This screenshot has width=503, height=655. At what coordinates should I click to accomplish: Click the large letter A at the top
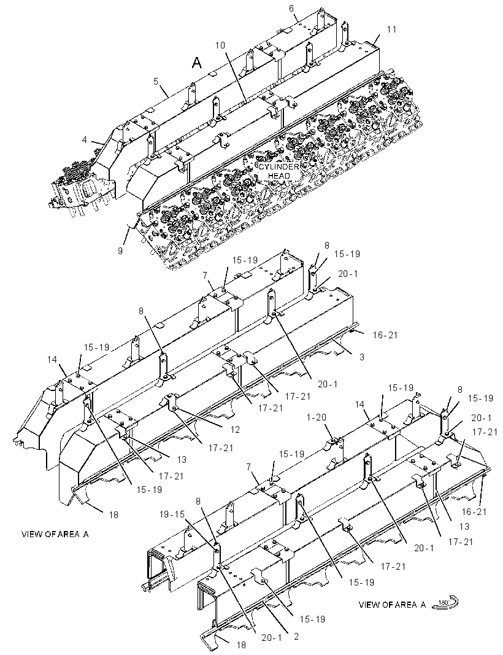coord(197,63)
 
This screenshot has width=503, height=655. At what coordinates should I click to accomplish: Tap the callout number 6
coord(291,9)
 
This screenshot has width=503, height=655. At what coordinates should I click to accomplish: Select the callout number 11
coord(391,29)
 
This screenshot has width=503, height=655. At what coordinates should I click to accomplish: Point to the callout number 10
coord(220,45)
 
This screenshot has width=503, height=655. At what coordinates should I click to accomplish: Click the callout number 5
coord(156,81)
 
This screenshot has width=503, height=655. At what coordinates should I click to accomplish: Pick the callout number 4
coord(84,139)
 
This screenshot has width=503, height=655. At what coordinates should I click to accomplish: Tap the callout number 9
coord(120,250)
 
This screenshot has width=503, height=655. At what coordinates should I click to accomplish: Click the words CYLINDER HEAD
coord(279,171)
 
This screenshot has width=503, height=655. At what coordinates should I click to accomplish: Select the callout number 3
coord(362,357)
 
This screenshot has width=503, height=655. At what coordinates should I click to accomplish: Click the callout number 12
coord(234,430)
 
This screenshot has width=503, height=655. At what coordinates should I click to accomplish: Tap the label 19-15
coord(172,514)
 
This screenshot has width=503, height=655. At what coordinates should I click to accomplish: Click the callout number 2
coord(296,637)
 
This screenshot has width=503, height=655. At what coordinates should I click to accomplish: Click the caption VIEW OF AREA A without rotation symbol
coord(55,534)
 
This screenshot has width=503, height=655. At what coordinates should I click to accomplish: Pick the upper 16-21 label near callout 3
coord(385,335)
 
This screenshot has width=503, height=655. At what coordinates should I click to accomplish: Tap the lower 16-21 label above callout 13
coord(474,511)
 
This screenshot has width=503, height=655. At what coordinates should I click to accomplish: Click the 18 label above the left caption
coord(113,515)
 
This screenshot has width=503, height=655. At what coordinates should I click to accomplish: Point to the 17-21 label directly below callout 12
coord(221,448)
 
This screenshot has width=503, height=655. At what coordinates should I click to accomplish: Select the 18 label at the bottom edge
coord(241,645)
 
